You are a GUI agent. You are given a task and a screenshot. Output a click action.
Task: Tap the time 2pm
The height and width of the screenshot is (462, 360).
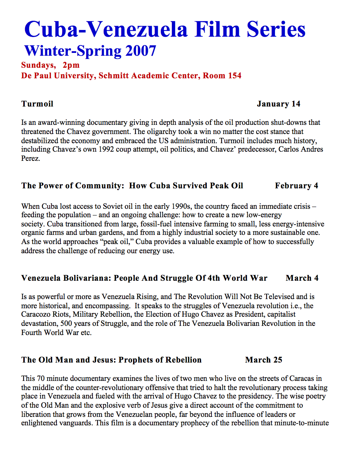[x=71, y=65]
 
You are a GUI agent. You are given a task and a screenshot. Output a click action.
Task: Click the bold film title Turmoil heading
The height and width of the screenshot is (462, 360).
[x=37, y=104]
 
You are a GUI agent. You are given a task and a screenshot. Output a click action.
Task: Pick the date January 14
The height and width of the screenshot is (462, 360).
[x=278, y=104]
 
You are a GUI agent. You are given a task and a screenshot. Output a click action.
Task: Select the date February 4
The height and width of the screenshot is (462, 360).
[x=296, y=186]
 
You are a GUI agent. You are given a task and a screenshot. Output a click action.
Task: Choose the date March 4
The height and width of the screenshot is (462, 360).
[x=302, y=278]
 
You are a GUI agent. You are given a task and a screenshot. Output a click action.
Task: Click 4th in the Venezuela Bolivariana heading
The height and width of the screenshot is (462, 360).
[x=214, y=278]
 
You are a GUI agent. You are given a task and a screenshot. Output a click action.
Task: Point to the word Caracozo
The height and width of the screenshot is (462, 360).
[x=36, y=315]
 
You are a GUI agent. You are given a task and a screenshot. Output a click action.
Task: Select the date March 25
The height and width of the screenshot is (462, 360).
[x=264, y=360]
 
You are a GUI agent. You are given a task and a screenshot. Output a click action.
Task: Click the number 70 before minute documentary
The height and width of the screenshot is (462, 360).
[x=41, y=379]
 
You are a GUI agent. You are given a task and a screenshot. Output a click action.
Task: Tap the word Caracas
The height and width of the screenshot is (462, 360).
[x=301, y=379]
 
